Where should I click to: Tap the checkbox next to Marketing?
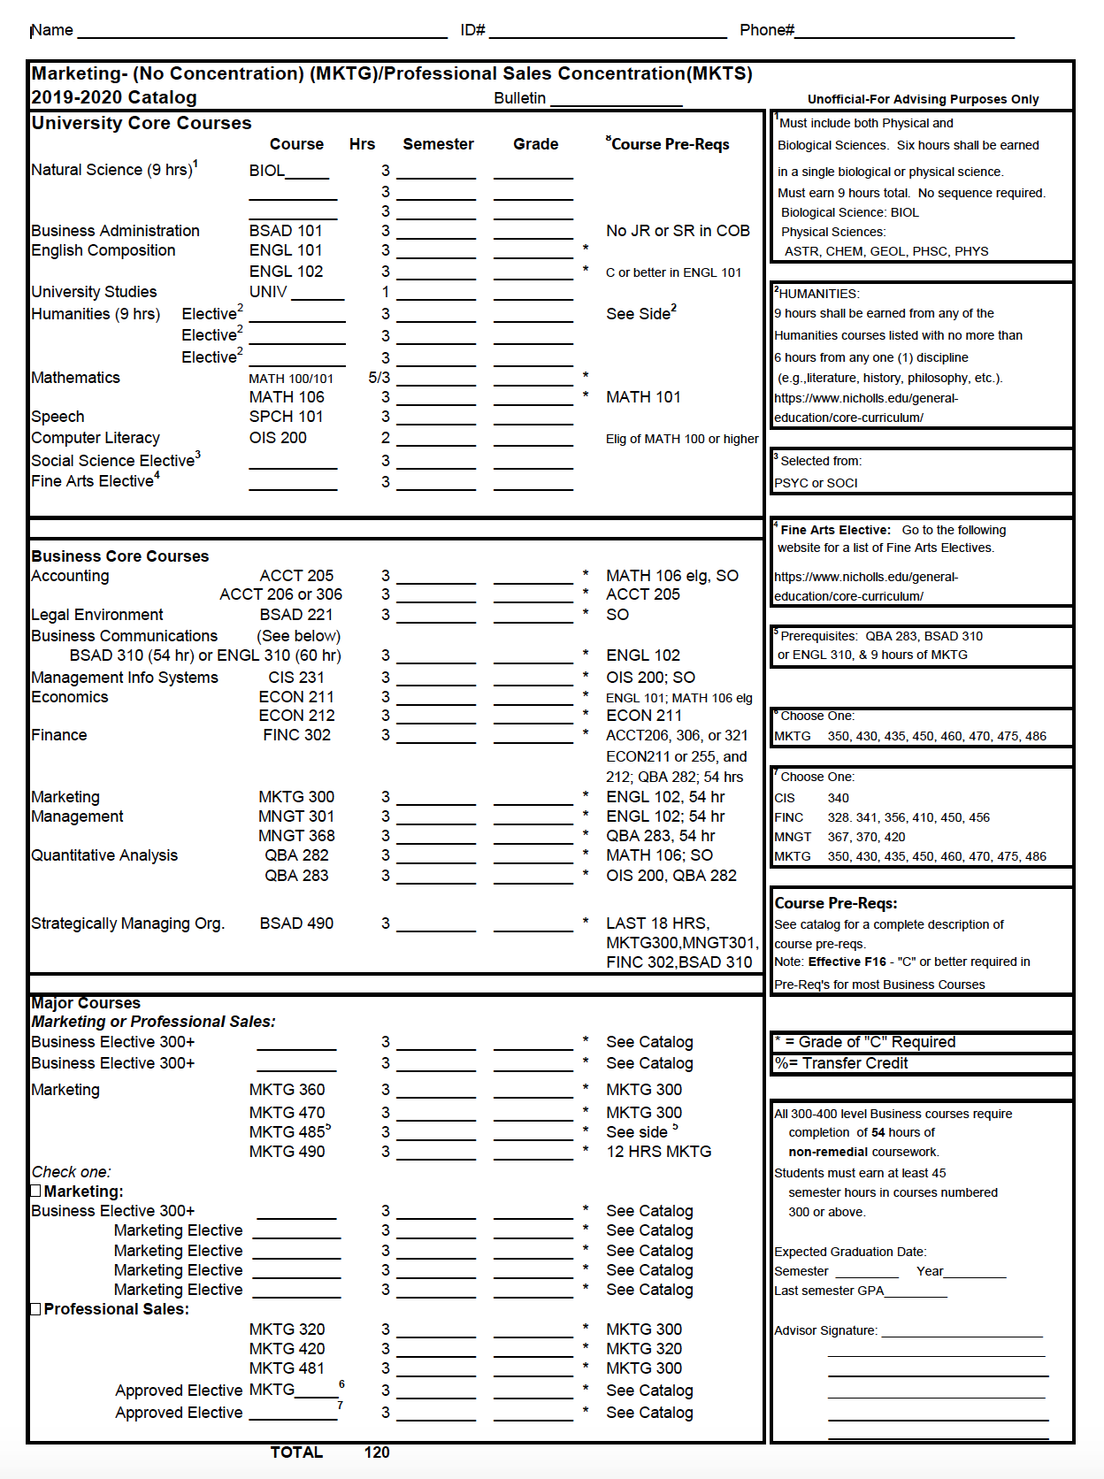pos(36,1192)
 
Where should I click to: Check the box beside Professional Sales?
pos(36,1309)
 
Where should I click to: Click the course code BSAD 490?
pos(296,923)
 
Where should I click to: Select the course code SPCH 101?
pos(286,417)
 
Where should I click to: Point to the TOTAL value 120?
pos(377,1452)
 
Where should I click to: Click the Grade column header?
pos(535,144)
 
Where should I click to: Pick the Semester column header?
pos(438,144)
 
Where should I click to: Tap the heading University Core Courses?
pos(142,123)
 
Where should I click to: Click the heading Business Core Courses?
pos(120,556)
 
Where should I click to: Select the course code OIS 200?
pos(278,438)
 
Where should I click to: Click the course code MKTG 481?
pos(287,1368)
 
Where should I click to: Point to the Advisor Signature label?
pos(825,1330)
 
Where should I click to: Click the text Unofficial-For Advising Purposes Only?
pos(923,99)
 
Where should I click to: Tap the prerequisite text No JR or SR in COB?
pos(678,231)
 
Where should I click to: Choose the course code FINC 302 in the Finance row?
pos(296,735)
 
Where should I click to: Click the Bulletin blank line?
pos(616,99)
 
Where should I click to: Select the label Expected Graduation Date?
pos(850,1252)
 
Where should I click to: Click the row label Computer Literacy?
pos(96,438)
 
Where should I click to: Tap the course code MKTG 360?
pos(287,1090)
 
